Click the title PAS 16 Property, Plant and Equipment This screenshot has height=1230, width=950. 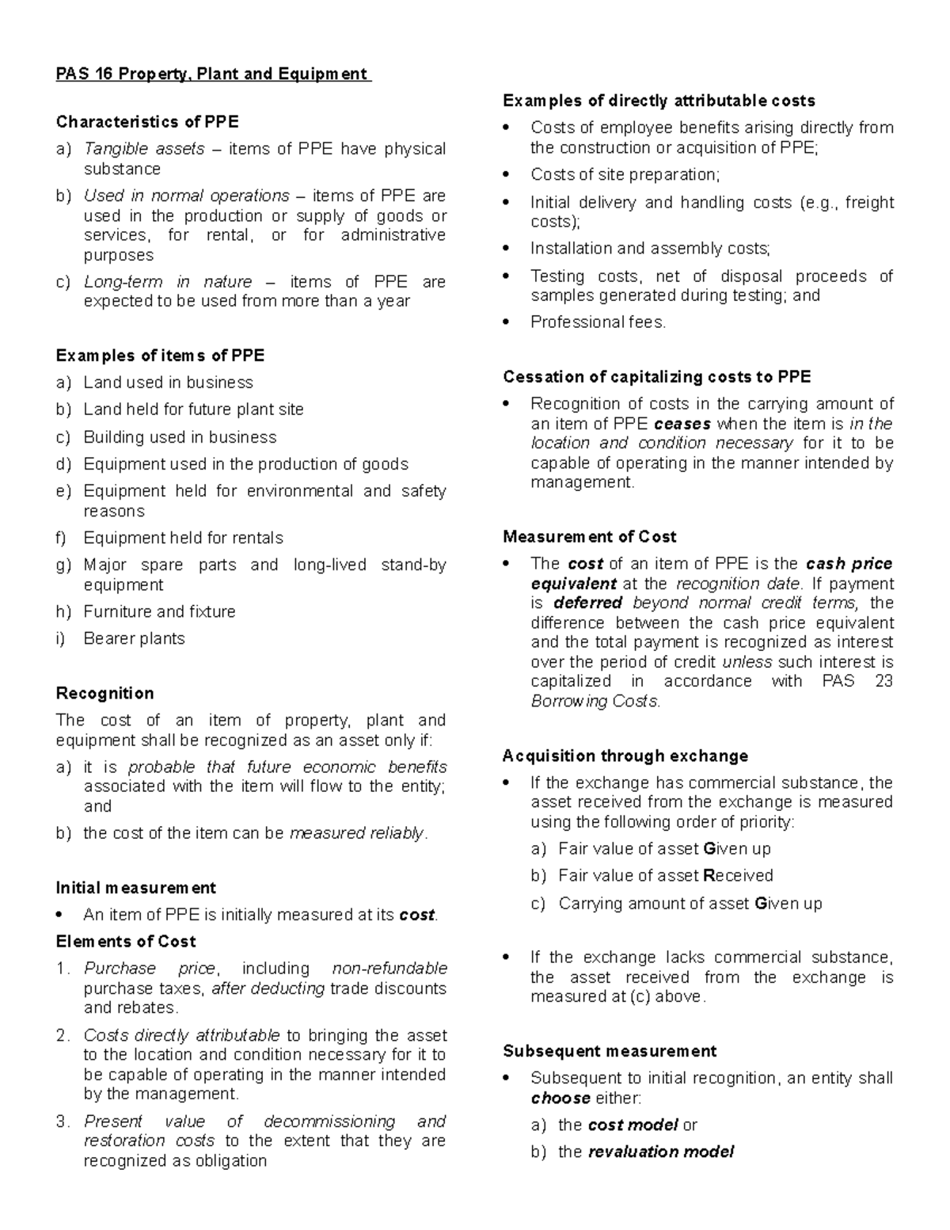(212, 74)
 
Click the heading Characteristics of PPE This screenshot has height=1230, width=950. (146, 122)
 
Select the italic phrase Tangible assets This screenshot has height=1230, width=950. (144, 149)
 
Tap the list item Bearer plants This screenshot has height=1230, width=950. (134, 638)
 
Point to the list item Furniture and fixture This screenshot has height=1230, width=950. (159, 611)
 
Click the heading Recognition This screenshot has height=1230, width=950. (104, 693)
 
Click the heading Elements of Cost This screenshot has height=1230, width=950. (125, 942)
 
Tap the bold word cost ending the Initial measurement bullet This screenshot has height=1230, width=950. (416, 915)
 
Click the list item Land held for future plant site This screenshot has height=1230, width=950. (193, 409)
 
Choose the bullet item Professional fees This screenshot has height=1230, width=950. (598, 322)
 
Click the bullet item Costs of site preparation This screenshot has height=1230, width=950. (625, 175)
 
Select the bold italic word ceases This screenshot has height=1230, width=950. (682, 424)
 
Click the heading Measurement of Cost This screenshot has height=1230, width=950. (589, 537)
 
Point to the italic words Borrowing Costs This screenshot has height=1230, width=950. (595, 701)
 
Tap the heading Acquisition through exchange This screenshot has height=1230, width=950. (625, 756)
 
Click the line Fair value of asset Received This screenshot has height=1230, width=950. (665, 876)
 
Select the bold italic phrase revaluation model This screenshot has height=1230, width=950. (660, 1152)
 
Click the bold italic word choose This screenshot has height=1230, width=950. (560, 1098)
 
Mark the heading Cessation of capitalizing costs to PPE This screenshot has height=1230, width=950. (656, 377)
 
